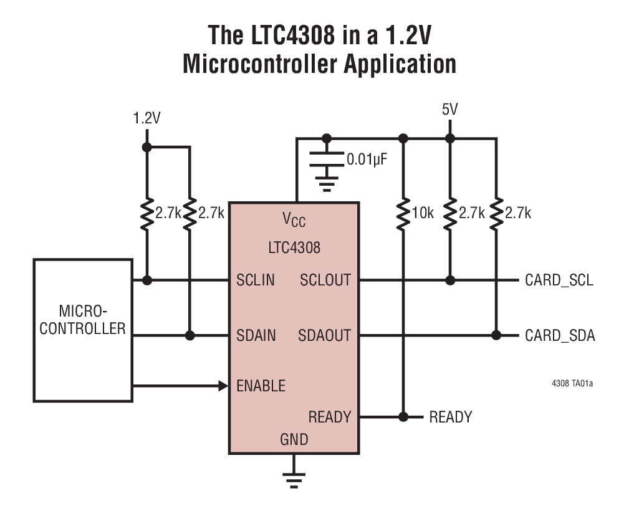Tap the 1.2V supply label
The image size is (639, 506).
click(147, 118)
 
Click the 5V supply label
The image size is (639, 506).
click(449, 110)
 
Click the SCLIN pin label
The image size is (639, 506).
click(256, 280)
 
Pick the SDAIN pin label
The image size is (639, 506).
click(256, 336)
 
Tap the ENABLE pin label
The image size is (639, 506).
click(261, 386)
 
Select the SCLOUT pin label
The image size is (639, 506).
click(325, 280)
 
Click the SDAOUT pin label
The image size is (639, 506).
click(324, 336)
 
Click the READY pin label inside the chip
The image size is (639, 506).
click(330, 416)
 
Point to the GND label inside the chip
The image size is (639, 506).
click(294, 439)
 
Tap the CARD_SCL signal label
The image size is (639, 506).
click(559, 280)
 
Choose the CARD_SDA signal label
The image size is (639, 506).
click(560, 337)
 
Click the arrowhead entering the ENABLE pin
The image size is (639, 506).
click(223, 386)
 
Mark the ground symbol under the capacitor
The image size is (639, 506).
click(326, 181)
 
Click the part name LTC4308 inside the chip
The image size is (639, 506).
click(294, 247)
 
